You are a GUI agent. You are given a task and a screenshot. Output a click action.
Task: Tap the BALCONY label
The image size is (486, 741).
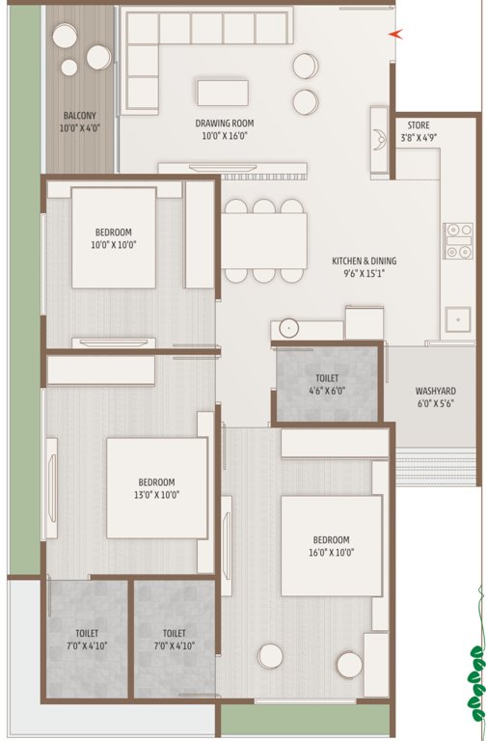[x=79, y=114]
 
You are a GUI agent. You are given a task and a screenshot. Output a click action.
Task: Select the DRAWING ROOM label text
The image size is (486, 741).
[x=224, y=123]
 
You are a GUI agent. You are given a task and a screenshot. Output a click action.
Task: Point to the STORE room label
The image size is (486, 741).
[x=418, y=125]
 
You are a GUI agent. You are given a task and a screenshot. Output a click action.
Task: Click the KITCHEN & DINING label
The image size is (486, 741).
[x=364, y=261]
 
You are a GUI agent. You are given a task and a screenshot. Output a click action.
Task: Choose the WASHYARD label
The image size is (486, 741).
[x=435, y=391]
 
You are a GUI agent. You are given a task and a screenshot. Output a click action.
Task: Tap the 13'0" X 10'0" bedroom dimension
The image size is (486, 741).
[x=156, y=495]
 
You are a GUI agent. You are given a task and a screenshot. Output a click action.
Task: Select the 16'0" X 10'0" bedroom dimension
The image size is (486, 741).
[x=331, y=553]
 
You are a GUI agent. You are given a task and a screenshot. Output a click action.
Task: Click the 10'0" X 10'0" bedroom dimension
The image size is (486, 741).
[x=113, y=245]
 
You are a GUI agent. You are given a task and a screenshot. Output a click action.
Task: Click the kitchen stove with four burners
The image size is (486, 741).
[x=456, y=240]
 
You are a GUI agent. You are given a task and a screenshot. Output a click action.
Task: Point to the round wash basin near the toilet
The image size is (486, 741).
[x=288, y=328]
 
